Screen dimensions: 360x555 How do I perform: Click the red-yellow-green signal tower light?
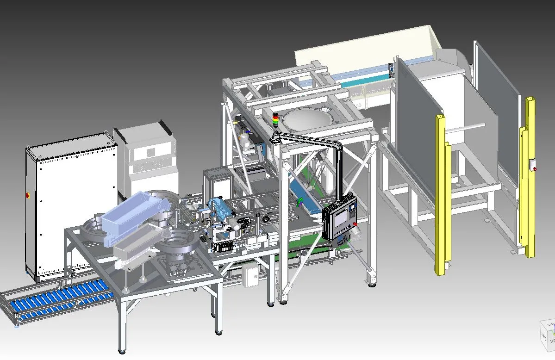pyautogui.click(x=276, y=120)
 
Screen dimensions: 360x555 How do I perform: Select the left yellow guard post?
pyautogui.click(x=442, y=194)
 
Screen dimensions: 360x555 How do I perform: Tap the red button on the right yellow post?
pyautogui.click(x=536, y=169)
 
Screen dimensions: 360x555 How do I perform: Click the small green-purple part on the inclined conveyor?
pyautogui.click(x=300, y=201)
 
